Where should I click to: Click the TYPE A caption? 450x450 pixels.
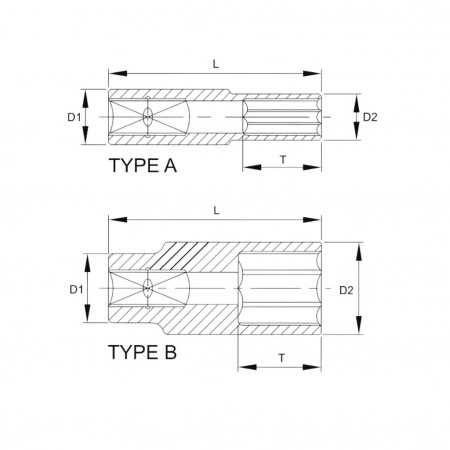click(143, 165)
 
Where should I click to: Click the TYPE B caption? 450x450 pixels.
click(142, 352)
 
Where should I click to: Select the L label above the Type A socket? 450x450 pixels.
click(216, 64)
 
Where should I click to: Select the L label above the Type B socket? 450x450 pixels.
click(217, 211)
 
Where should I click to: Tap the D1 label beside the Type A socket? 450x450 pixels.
click(74, 117)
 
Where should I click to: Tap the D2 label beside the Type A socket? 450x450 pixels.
click(370, 117)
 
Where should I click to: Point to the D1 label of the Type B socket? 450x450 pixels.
click(76, 290)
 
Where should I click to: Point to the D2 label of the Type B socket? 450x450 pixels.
click(346, 290)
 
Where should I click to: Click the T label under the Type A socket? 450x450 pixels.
click(283, 160)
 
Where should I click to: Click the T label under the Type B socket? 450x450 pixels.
click(282, 358)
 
